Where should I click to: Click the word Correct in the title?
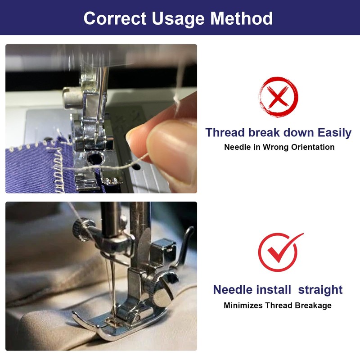coord(115,18)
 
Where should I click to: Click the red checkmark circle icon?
coord(278,252)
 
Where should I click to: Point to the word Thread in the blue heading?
coord(226,133)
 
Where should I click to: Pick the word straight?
coord(320,289)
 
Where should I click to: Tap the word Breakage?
coord(313,306)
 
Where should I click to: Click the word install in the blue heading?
coord(276,289)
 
